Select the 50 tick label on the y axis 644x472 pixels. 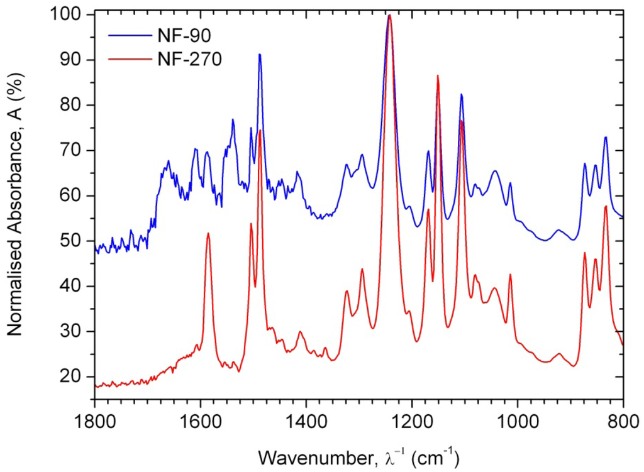click(77, 241)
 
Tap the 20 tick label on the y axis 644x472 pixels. click(77, 376)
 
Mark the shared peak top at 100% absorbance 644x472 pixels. click(389, 14)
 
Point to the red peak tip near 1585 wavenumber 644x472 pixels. click(208, 233)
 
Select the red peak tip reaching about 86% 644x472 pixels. click(438, 75)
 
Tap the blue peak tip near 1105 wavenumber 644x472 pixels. click(462, 94)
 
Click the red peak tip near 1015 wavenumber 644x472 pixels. click(510, 275)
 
